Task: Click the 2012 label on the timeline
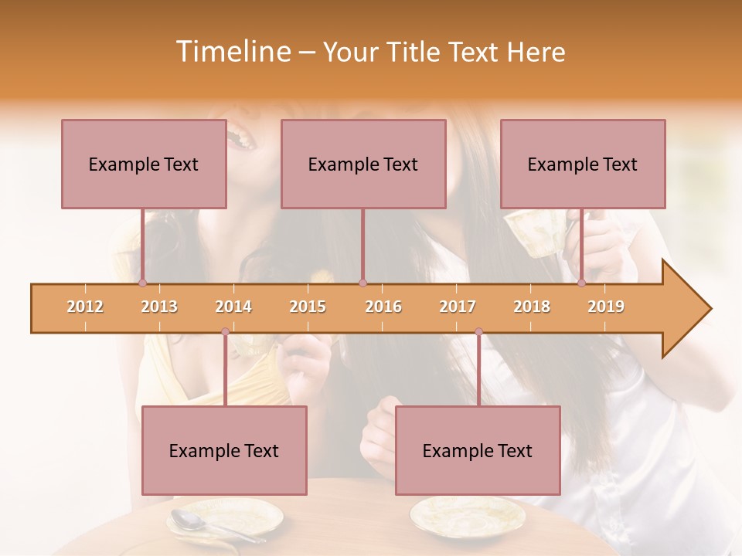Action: (85, 307)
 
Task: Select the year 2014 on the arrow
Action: (233, 307)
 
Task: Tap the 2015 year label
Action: (308, 307)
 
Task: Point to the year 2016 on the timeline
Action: (383, 307)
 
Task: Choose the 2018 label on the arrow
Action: (532, 307)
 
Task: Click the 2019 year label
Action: (606, 307)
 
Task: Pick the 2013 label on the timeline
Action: (159, 307)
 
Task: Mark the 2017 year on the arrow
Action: (458, 307)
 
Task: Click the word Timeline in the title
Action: (231, 52)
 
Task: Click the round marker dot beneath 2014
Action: (225, 332)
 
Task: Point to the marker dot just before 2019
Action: (582, 283)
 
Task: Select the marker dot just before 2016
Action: (362, 283)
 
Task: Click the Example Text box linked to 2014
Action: (224, 450)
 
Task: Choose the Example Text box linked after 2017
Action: (478, 450)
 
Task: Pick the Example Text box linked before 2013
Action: (144, 164)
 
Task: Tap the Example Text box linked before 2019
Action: (583, 164)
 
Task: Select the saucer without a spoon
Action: (456, 515)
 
